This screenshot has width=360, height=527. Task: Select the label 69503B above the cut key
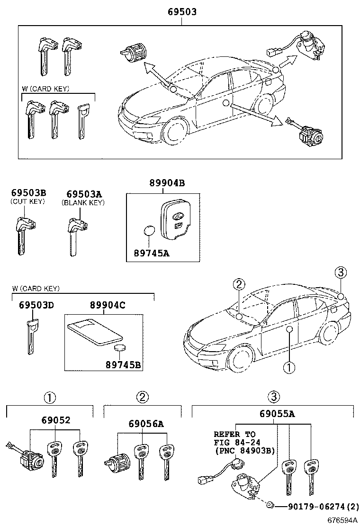(28, 193)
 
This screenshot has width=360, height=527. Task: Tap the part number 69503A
(84, 194)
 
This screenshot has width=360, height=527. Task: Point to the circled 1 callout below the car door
(288, 367)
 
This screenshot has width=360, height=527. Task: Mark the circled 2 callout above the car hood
(239, 284)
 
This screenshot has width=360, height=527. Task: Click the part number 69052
(55, 420)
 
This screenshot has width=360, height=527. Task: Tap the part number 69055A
(277, 414)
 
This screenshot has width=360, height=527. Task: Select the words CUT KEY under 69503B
(27, 201)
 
